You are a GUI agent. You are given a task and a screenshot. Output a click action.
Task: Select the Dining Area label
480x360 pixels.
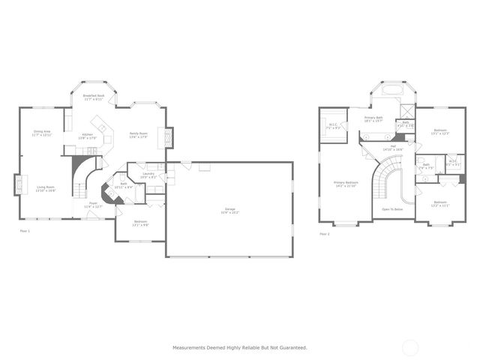tap(42, 133)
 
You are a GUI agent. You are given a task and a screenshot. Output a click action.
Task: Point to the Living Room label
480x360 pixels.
tap(46, 189)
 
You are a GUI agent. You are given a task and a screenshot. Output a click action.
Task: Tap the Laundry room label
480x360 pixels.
tap(148, 176)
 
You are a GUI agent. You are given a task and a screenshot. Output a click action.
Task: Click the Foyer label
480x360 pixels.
tap(94, 204)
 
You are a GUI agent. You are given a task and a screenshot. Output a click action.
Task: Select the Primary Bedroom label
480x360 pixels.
tap(346, 184)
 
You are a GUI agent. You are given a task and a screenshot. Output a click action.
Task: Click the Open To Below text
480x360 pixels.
tap(392, 209)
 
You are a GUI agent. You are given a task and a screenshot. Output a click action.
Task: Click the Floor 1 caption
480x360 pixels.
tap(25, 232)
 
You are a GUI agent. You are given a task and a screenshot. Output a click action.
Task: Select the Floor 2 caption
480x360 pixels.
tap(325, 234)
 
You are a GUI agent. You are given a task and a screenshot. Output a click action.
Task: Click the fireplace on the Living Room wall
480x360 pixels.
tap(17, 184)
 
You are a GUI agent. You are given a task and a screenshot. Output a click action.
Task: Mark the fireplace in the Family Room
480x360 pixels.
tap(169, 138)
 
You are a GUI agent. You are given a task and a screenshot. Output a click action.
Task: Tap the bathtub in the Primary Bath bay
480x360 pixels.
tap(392, 90)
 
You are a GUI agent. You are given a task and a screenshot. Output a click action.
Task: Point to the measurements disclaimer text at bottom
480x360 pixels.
tap(240, 347)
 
